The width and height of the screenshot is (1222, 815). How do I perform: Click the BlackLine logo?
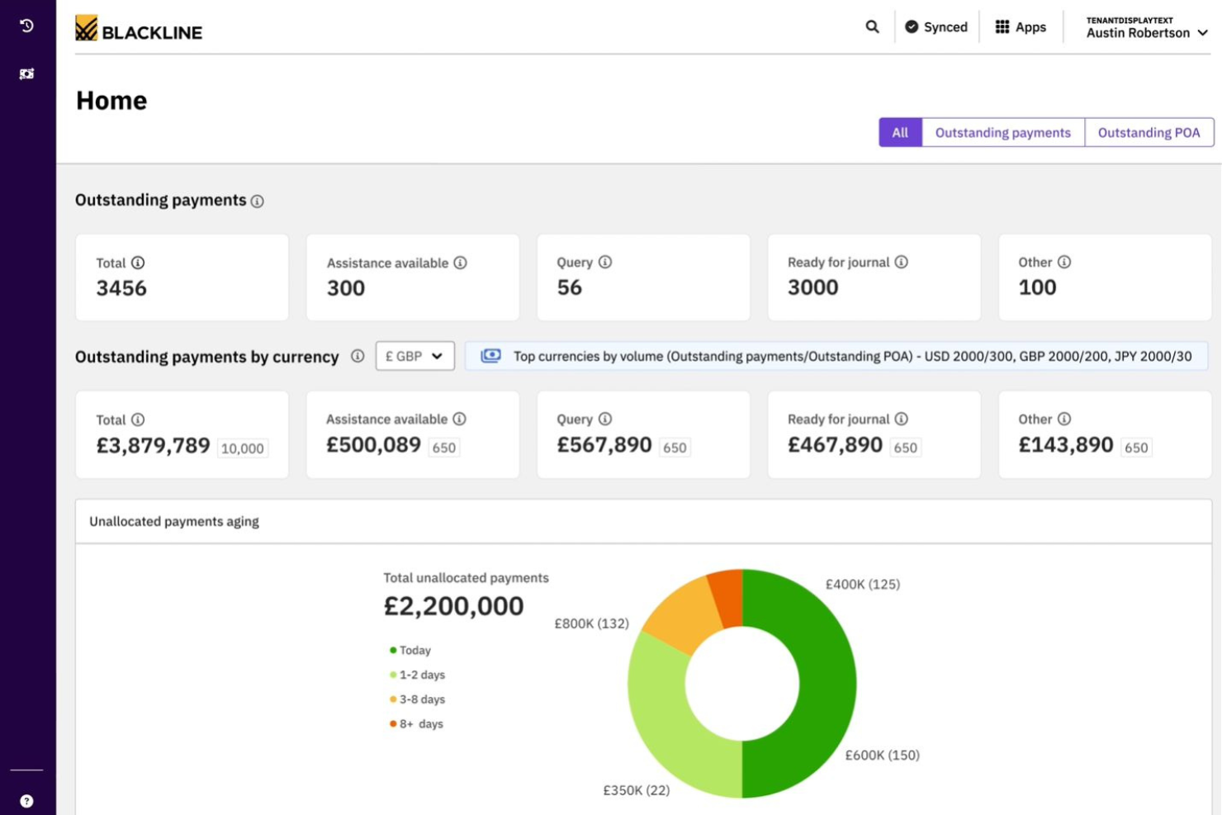138,29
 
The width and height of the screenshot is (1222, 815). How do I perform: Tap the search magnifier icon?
872,26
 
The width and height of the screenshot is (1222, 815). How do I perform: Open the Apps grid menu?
1020,27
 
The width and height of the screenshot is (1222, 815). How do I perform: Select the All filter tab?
900,132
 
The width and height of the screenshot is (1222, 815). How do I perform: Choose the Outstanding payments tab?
1002,132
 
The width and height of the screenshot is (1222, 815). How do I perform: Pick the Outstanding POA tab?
1149,132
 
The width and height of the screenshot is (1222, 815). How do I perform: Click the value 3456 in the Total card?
121,288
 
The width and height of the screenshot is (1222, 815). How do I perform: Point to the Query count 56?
570,287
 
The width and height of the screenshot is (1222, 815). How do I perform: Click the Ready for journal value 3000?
812,287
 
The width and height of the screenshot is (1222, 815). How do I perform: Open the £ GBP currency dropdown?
414,356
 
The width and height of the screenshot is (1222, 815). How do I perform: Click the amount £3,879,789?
154,446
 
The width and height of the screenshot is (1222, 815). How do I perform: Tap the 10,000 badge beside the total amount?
243,448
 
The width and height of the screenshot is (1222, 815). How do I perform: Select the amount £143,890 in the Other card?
1066,445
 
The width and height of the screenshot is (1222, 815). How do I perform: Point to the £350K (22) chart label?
636,790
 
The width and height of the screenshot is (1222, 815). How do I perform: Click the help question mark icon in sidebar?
26,801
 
